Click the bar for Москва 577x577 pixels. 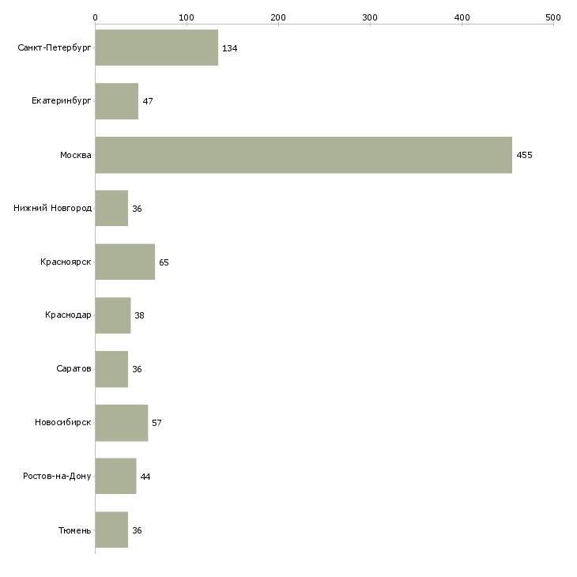(x=304, y=155)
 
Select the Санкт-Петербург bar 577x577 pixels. (x=157, y=48)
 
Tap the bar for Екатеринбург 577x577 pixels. (x=116, y=101)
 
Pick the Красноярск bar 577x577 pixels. (x=125, y=262)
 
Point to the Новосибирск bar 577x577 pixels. (x=121, y=423)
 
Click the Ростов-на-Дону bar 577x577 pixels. (x=115, y=477)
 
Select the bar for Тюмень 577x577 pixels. (x=111, y=530)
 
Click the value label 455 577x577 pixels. (x=524, y=155)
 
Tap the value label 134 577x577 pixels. (x=229, y=48)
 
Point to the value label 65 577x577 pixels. (x=164, y=262)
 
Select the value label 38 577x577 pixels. (x=139, y=315)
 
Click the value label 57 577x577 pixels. (x=157, y=423)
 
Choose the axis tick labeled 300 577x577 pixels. (x=370, y=17)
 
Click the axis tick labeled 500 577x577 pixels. (x=553, y=17)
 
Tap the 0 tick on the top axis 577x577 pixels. (x=95, y=17)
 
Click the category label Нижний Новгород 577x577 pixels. (x=52, y=209)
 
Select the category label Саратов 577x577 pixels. (x=75, y=369)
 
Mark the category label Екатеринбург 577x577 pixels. (x=62, y=101)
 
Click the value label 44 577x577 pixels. (x=145, y=477)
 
